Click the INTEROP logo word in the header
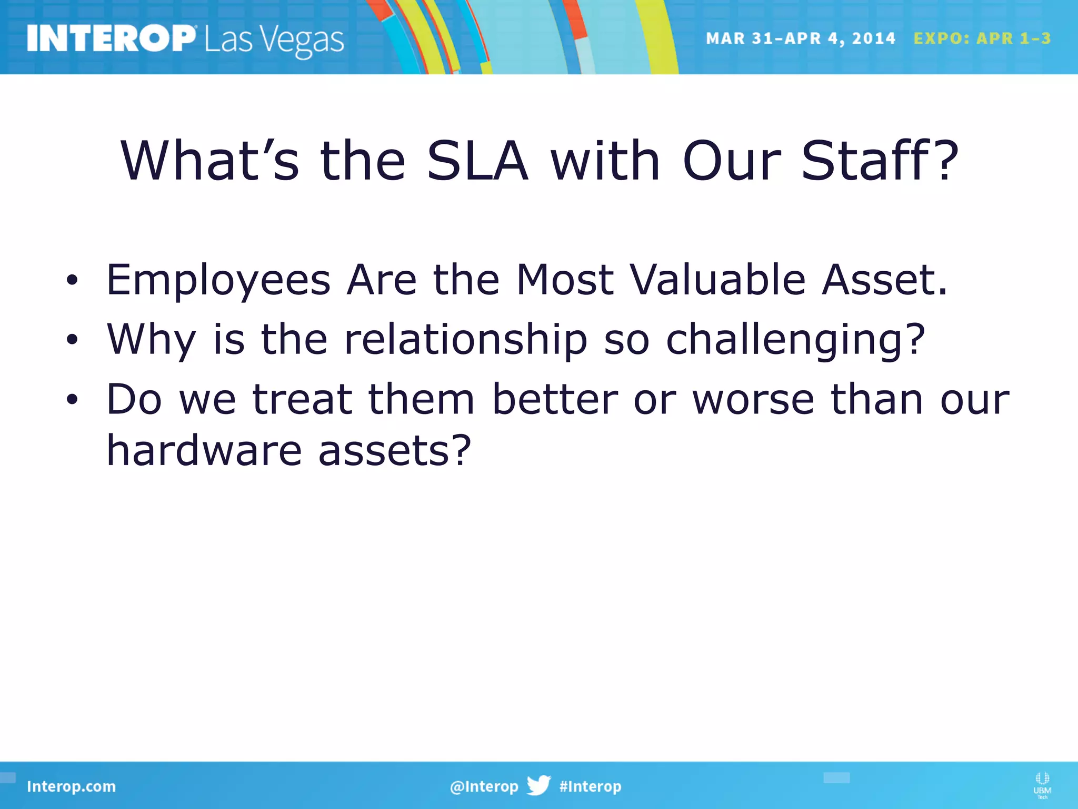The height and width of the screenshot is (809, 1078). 111,39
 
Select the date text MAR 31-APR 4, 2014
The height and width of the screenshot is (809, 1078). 800,38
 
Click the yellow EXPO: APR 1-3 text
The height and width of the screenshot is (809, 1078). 982,38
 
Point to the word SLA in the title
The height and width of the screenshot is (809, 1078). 477,161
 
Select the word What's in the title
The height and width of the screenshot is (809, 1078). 209,161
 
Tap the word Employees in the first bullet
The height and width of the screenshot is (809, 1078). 218,281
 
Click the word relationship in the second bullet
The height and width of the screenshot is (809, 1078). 465,340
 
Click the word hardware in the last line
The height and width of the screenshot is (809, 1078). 204,451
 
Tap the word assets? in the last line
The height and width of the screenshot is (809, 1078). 395,452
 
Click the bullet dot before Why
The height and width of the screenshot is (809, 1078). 72,340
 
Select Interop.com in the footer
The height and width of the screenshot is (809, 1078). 71,786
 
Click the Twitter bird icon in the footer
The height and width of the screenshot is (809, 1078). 538,785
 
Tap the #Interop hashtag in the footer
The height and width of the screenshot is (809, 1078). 590,786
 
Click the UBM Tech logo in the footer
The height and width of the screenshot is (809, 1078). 1042,785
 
